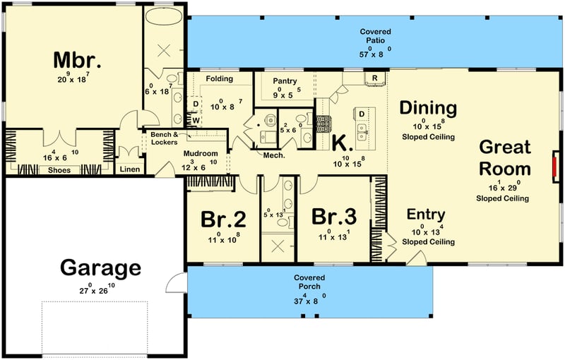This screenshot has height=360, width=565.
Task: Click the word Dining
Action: coord(428,108)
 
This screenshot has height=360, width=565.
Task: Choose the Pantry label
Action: coord(285,81)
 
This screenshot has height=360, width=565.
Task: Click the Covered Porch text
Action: coord(309,282)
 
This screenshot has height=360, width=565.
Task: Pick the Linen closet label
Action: coord(130,169)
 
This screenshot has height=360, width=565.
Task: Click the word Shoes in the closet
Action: coord(59,169)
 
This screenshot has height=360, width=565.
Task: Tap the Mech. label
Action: coord(273,155)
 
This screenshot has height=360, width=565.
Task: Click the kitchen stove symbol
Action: coord(324,124)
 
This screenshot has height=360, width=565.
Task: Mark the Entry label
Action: coord(426,215)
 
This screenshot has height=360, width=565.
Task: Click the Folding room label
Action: coord(220,78)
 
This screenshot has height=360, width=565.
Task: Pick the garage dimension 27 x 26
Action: coord(100,289)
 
